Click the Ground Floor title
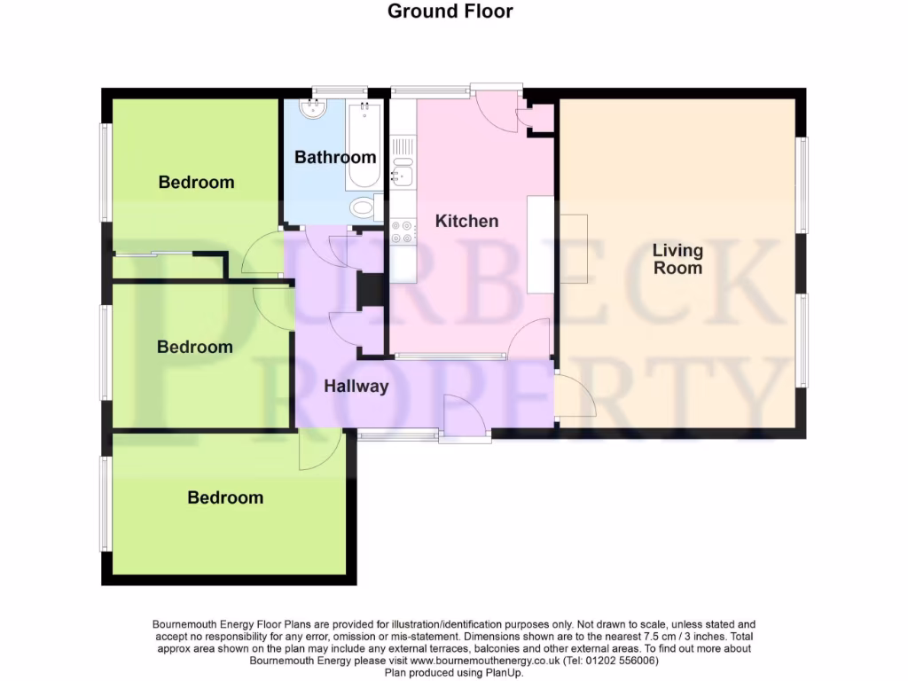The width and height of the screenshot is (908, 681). point(450,12)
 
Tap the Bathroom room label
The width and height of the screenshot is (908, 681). point(335,157)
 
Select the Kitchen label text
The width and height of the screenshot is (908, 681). point(466,221)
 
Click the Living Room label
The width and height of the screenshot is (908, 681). point(677,259)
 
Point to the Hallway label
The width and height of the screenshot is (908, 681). point(356,387)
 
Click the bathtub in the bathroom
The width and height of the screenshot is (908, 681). point(364,145)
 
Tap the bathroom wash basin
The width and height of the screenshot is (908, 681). point(313,109)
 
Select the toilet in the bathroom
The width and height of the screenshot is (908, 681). point(364,207)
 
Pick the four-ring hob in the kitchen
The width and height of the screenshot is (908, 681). point(403,231)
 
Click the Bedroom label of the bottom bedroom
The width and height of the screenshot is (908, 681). point(225,497)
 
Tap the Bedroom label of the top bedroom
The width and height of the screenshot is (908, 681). point(196,182)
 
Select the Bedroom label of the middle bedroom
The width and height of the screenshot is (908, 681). point(194,347)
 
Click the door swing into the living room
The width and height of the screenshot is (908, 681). point(574,396)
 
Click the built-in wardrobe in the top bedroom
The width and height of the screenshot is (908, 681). point(168,267)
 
